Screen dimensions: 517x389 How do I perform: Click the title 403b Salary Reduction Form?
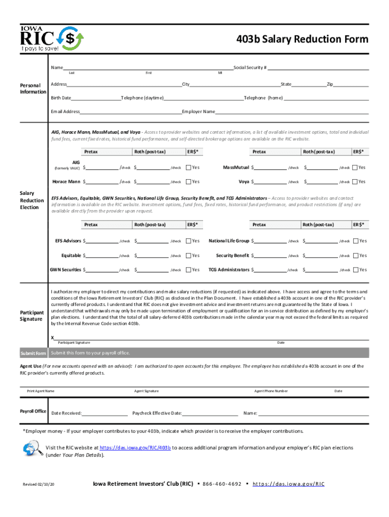303,39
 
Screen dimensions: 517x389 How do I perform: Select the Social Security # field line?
318,68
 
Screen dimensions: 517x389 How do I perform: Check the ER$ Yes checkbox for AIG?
188,168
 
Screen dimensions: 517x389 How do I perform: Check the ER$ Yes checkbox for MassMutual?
355,168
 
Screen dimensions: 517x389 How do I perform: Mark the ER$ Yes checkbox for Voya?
355,182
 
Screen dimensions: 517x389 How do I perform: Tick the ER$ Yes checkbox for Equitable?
188,255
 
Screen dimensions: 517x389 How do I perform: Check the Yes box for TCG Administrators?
356,270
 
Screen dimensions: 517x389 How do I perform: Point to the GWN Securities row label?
65,270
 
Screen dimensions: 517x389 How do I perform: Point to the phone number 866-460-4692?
222,484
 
